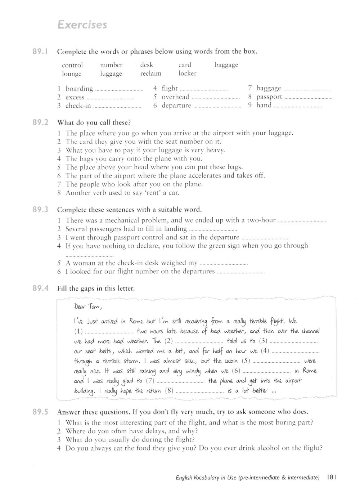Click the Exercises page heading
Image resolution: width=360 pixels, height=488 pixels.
click(82, 25)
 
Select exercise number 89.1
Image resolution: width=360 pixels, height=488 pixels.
click(40, 52)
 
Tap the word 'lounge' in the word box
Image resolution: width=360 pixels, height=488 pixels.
click(72, 74)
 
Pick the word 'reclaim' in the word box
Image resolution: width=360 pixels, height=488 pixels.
click(151, 73)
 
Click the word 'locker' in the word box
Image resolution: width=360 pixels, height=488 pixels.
click(188, 73)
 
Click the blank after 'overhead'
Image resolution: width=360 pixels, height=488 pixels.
click(215, 98)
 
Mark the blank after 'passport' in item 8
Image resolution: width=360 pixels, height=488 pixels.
click(308, 98)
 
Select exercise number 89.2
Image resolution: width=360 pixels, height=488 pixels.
click(40, 122)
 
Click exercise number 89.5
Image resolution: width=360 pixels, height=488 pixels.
click(40, 412)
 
